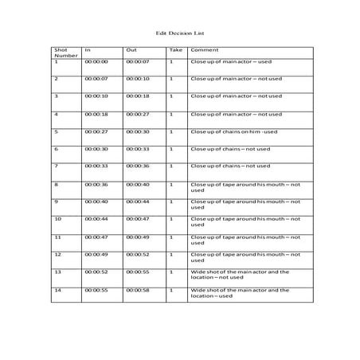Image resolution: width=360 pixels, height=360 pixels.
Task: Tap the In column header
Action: (87, 49)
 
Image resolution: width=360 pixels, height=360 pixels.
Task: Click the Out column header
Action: (131, 49)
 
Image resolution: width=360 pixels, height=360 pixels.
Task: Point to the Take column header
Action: (174, 49)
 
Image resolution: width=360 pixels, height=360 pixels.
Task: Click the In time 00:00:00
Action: (96, 61)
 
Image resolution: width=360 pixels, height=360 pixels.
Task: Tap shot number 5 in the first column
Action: (56, 131)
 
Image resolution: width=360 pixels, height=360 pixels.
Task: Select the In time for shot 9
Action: (96, 201)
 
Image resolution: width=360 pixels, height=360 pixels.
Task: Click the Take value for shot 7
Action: (171, 166)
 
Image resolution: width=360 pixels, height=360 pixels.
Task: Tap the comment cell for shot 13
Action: (239, 275)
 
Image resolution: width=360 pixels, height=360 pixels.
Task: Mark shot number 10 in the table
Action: (57, 218)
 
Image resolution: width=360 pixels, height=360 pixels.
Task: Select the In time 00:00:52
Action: (96, 272)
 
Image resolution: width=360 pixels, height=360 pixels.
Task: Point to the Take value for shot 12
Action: (171, 254)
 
